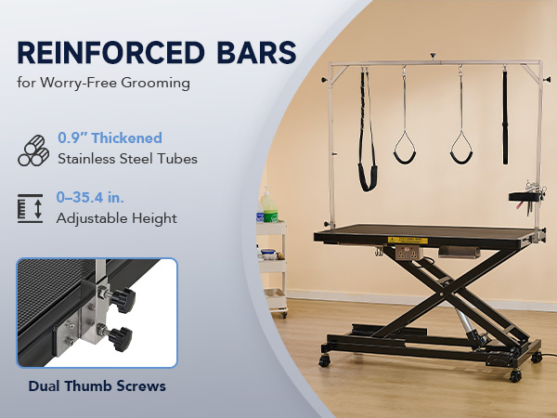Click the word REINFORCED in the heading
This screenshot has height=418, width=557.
pyautogui.click(x=110, y=53)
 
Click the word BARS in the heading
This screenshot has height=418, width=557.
pyautogui.click(x=256, y=53)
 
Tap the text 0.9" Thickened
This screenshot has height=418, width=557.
pyautogui.click(x=110, y=137)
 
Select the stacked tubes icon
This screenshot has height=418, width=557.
pyautogui.click(x=33, y=150)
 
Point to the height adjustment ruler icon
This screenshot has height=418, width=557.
pyautogui.click(x=31, y=208)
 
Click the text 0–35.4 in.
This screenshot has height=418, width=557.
pyautogui.click(x=90, y=197)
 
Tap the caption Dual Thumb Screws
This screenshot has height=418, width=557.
pyautogui.click(x=97, y=386)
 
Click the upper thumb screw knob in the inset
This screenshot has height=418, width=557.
pyautogui.click(x=123, y=300)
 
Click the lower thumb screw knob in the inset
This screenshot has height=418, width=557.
pyautogui.click(x=121, y=339)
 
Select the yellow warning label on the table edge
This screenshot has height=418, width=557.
pyautogui.click(x=408, y=241)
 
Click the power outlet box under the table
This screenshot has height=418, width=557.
pyautogui.click(x=409, y=253)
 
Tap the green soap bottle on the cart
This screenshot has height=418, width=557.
pyautogui.click(x=269, y=206)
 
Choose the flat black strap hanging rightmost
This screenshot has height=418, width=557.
pyautogui.click(x=505, y=117)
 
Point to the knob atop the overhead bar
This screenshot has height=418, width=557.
pyautogui.click(x=433, y=57)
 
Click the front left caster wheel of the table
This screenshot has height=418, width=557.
pyautogui.click(x=324, y=360)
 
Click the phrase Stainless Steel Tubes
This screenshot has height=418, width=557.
pyautogui.click(x=127, y=159)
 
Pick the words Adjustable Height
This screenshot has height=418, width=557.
pyautogui.click(x=117, y=218)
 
